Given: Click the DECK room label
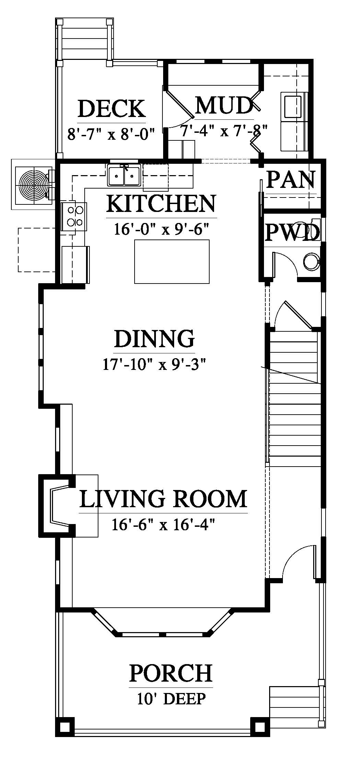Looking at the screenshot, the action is (112, 108).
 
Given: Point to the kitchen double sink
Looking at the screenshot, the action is (124, 175).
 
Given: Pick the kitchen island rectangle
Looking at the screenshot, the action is (172, 262).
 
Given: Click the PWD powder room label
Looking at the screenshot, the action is (292, 233).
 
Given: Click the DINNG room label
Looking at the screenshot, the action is (155, 338).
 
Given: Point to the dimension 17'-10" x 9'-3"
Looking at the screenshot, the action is (154, 364).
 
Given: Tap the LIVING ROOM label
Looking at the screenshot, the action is (163, 499).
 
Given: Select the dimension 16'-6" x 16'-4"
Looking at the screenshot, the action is (163, 524).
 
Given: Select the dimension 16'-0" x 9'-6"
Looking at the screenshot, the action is (161, 229).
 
